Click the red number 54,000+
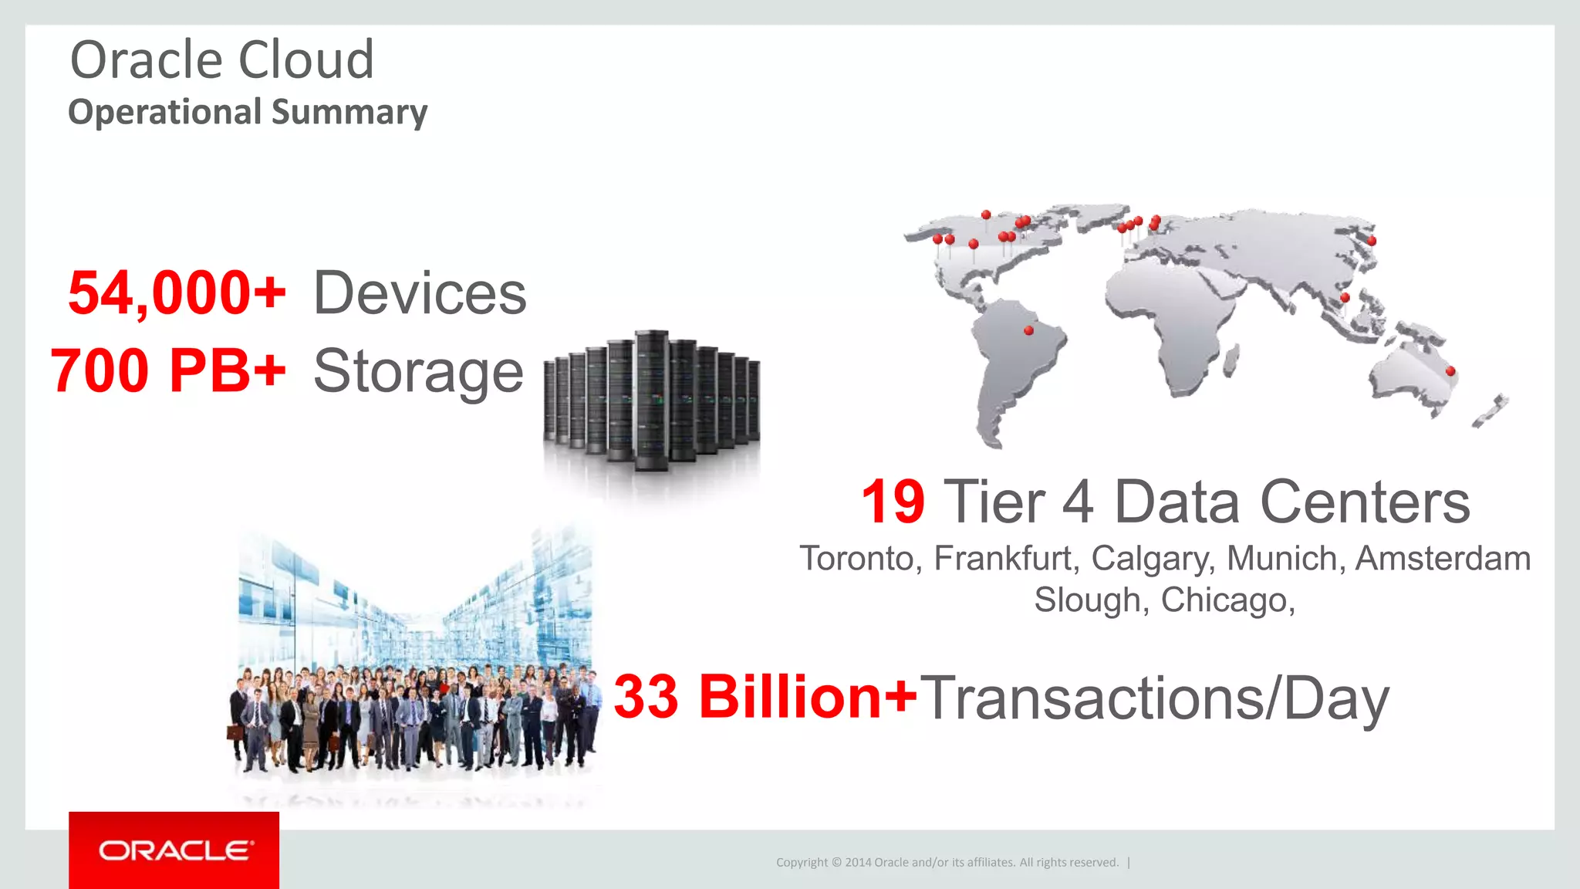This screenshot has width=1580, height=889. pos(177,294)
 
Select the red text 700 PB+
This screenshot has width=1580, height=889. pos(168,371)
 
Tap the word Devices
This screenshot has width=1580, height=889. pos(420,294)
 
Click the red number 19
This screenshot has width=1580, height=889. pos(893,502)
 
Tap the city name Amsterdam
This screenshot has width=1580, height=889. pos(1443,558)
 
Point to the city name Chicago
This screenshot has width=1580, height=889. pos(1227,600)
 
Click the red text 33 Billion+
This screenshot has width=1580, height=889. pos(765,697)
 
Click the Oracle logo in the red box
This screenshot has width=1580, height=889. pos(174,850)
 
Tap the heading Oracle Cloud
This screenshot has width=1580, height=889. pos(222,59)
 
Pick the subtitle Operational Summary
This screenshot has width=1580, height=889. pos(248,112)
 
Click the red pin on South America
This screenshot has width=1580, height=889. pos(1028,330)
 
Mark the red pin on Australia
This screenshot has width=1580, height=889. pos(1450,371)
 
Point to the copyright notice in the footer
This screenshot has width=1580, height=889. pos(947,862)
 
